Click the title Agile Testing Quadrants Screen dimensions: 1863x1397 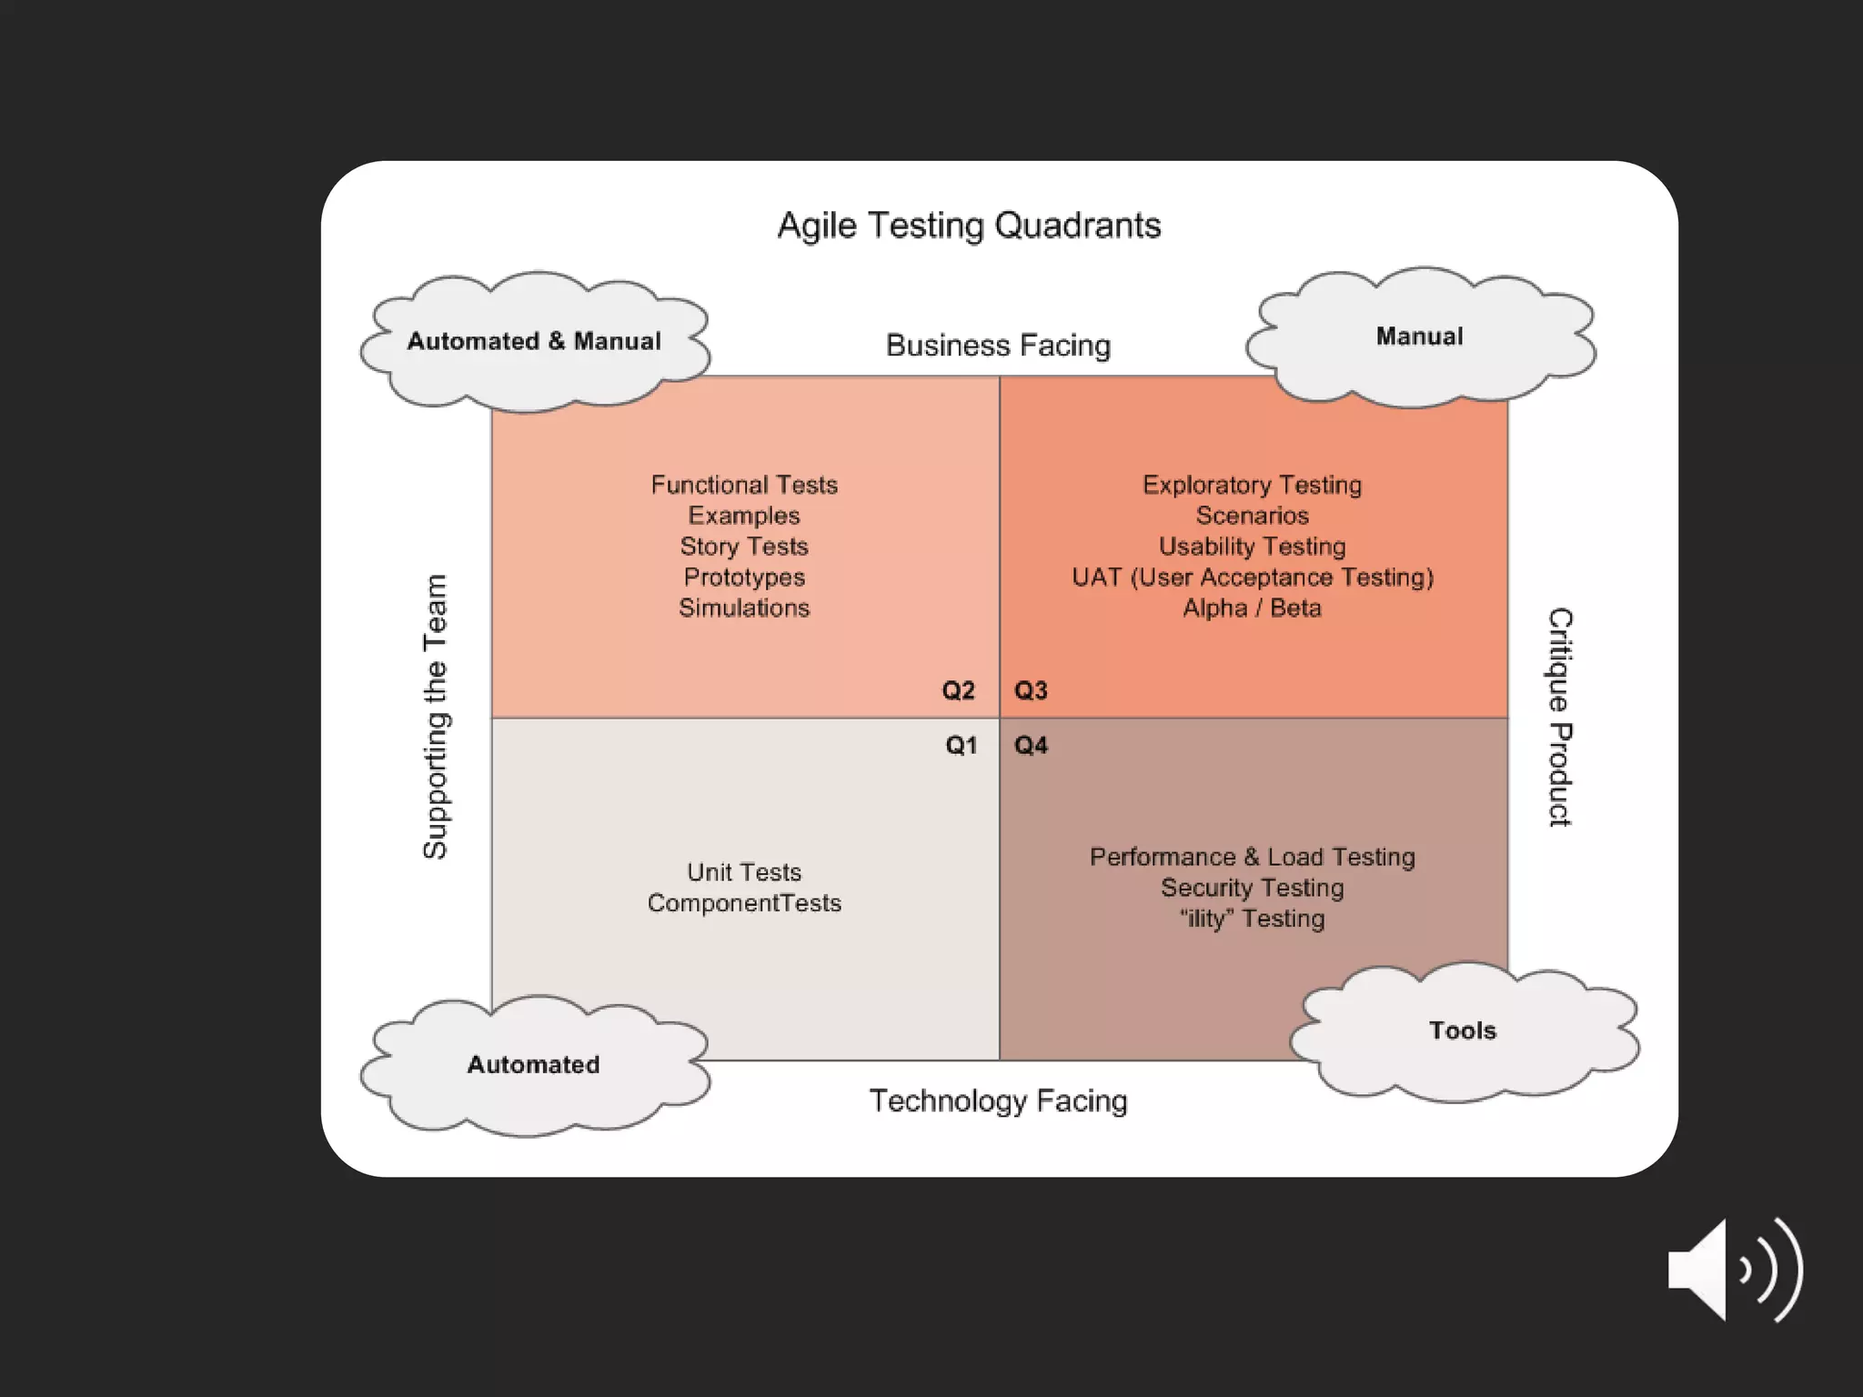(x=969, y=226)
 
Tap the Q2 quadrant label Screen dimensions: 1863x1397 (x=958, y=690)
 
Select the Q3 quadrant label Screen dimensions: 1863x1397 (x=1031, y=690)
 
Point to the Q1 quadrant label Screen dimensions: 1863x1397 (x=961, y=746)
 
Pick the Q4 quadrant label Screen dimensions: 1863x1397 (x=1031, y=746)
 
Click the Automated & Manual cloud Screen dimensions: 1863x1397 (x=534, y=342)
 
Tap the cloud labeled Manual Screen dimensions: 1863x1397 (x=1419, y=337)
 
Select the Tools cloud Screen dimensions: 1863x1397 (x=1462, y=1030)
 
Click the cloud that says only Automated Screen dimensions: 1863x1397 (x=534, y=1065)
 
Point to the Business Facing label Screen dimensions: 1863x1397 (x=998, y=346)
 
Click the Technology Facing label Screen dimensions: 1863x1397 (x=998, y=1101)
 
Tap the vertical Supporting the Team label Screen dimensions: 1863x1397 (x=436, y=717)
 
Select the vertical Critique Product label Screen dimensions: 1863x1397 (x=1560, y=717)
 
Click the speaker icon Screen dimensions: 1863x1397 (x=1734, y=1270)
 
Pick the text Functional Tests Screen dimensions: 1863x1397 (x=744, y=485)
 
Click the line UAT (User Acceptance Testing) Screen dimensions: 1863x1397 (x=1252, y=578)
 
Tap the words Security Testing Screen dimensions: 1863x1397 (x=1252, y=888)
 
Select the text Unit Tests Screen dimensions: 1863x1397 (x=744, y=872)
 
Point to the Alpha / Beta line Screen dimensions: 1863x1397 (x=1252, y=608)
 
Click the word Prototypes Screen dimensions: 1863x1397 (x=744, y=578)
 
